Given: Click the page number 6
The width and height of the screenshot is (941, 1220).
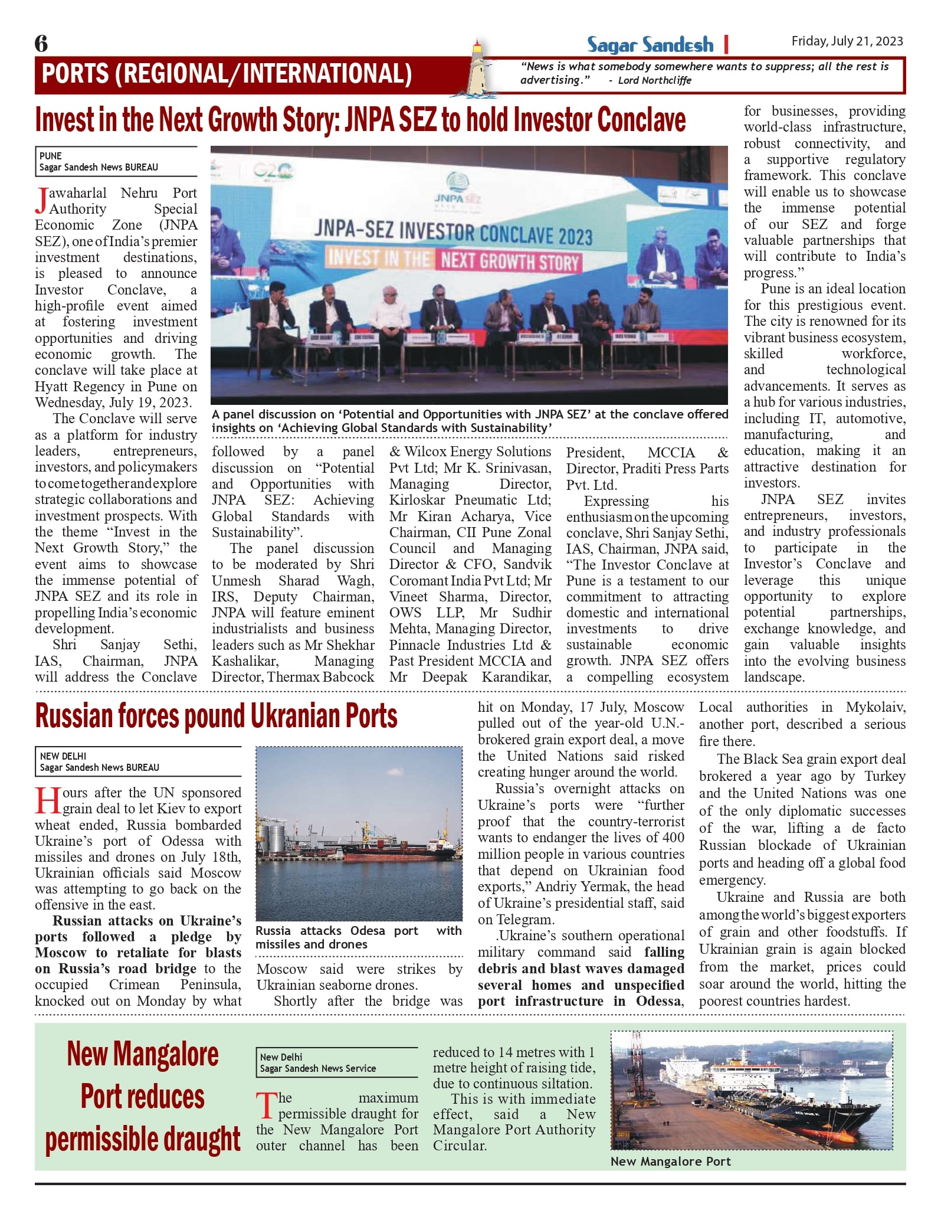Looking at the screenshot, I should [x=41, y=44].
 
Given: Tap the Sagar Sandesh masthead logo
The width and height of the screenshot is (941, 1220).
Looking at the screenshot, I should [x=650, y=45].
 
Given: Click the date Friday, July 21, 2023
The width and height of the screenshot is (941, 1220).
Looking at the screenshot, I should [x=847, y=41].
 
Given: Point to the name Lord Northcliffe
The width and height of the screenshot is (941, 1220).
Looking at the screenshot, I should [x=654, y=80].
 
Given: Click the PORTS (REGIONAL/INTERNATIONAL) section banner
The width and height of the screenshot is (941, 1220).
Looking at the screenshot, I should [x=227, y=74].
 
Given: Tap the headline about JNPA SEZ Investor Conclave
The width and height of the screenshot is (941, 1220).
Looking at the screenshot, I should [x=360, y=120].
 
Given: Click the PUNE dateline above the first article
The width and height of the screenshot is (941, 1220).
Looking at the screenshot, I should [x=51, y=156].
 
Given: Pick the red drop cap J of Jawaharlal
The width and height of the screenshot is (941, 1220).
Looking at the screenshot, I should [x=41, y=199].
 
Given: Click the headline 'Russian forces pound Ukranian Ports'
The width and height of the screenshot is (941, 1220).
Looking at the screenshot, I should [x=216, y=716].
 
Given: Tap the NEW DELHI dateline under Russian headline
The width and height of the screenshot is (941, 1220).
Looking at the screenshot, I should [x=63, y=756].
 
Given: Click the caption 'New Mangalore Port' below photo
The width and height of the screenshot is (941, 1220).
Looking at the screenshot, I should [x=670, y=1161].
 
